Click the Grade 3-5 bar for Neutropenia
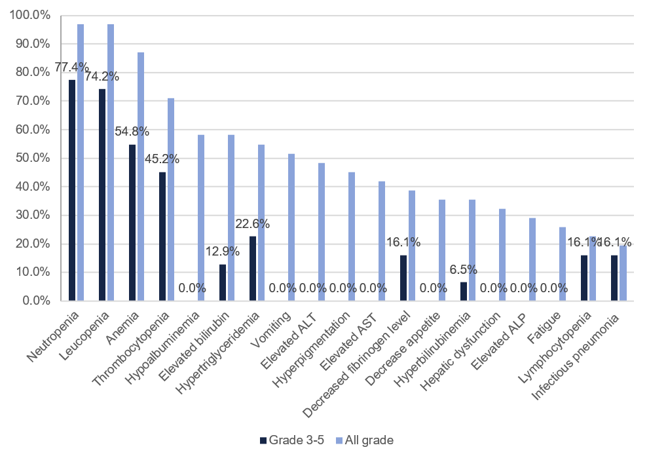pyautogui.click(x=72, y=190)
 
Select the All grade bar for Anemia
pyautogui.click(x=141, y=176)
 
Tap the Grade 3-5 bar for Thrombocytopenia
pyautogui.click(x=162, y=236)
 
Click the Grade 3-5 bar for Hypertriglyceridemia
pyautogui.click(x=253, y=268)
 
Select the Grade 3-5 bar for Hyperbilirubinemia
pyautogui.click(x=464, y=291)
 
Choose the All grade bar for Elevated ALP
pyautogui.click(x=532, y=259)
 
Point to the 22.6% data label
pyautogui.click(x=252, y=223)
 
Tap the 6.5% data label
pyautogui.click(x=463, y=269)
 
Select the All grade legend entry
pyautogui.click(x=365, y=440)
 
